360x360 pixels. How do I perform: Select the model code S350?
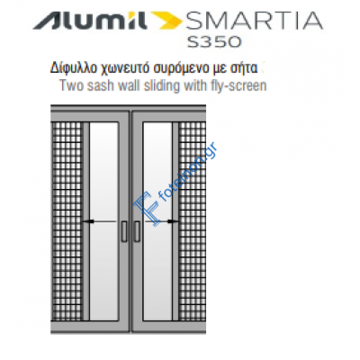click(226, 41)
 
